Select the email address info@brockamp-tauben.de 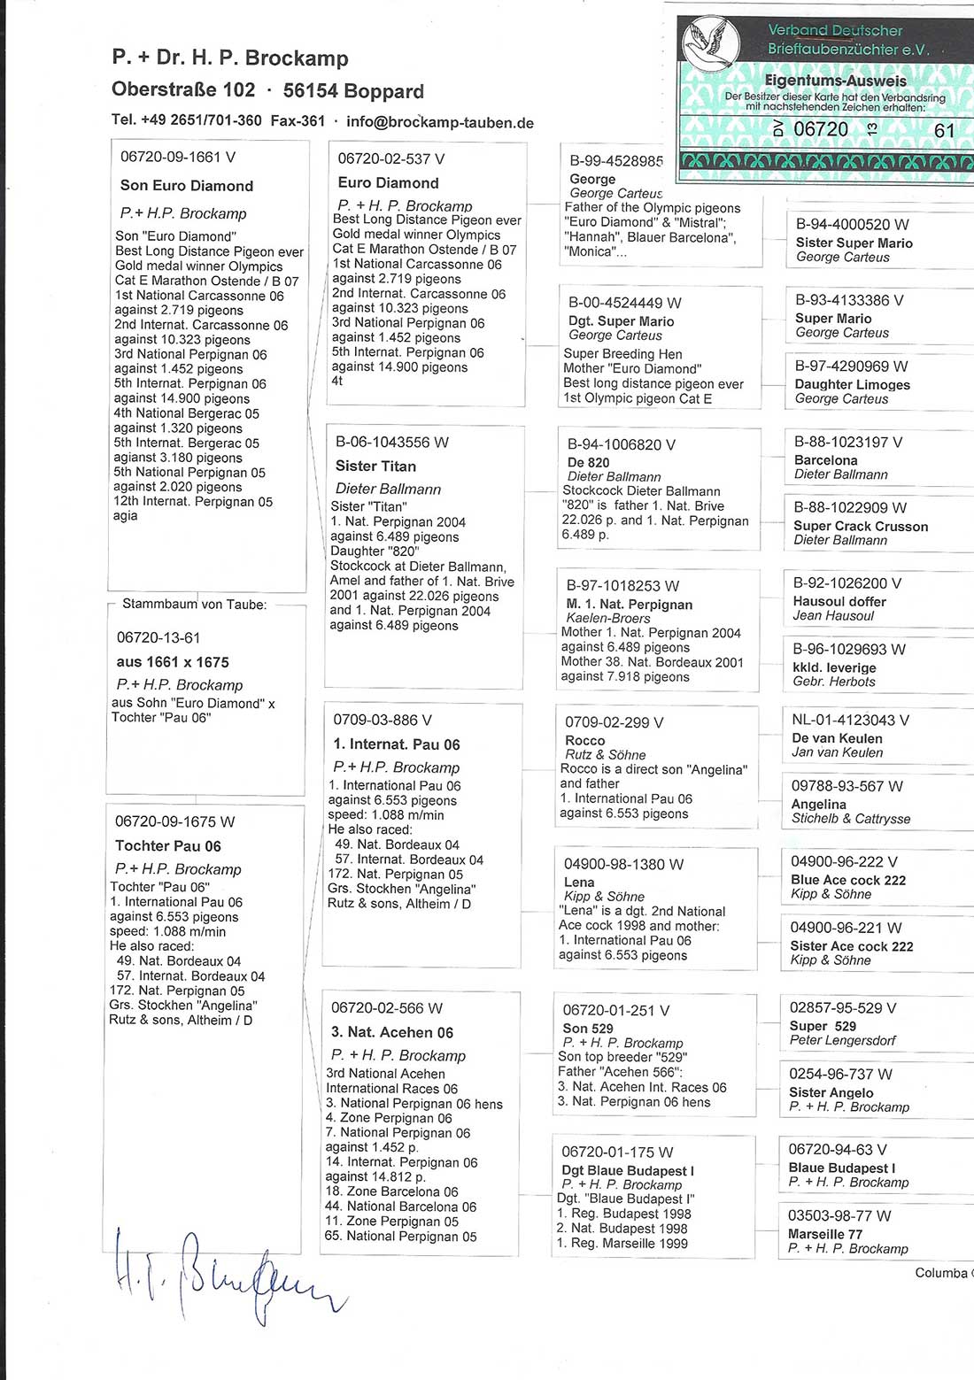(x=440, y=122)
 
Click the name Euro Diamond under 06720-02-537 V (x=388, y=183)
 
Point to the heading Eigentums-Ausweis (x=835, y=81)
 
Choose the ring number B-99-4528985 (x=615, y=161)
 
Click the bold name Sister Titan (x=375, y=466)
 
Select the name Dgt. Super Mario (x=621, y=321)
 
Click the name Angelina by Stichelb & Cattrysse (x=818, y=804)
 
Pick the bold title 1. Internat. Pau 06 (x=397, y=744)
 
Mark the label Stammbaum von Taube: (x=194, y=605)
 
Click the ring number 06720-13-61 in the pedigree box (x=158, y=637)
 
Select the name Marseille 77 (x=824, y=1234)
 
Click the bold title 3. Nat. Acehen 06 (x=392, y=1032)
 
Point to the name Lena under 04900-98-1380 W (x=579, y=882)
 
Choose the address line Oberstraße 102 (x=183, y=90)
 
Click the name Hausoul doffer (x=839, y=601)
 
